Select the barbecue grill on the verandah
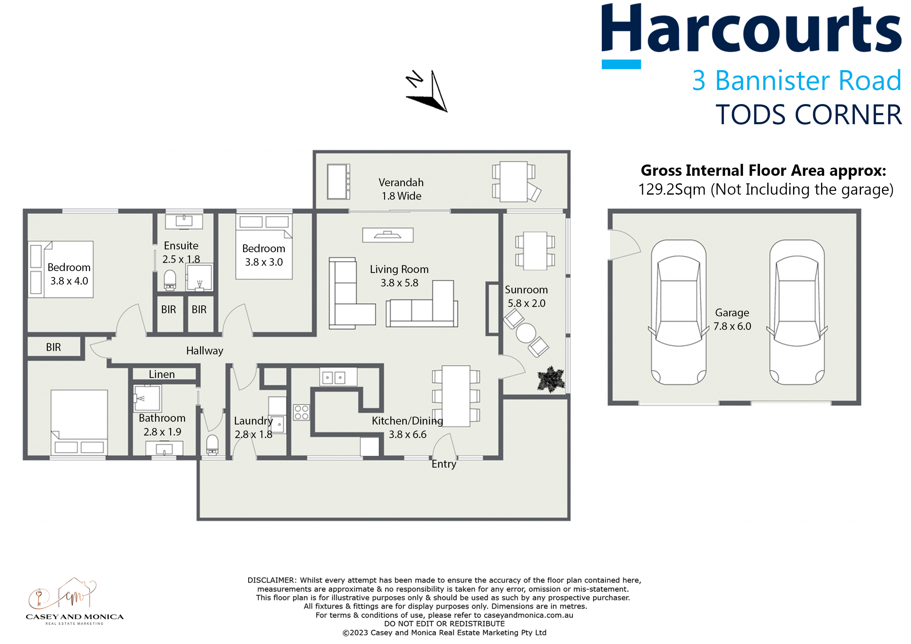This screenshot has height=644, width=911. [338, 182]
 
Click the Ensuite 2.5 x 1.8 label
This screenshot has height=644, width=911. [181, 253]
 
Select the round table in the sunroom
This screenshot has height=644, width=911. [526, 333]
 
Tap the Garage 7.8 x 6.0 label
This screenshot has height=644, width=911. [732, 319]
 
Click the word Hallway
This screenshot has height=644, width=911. [205, 351]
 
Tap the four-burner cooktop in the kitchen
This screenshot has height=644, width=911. [302, 413]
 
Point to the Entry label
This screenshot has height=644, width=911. [444, 464]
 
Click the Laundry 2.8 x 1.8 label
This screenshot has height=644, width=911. [254, 427]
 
